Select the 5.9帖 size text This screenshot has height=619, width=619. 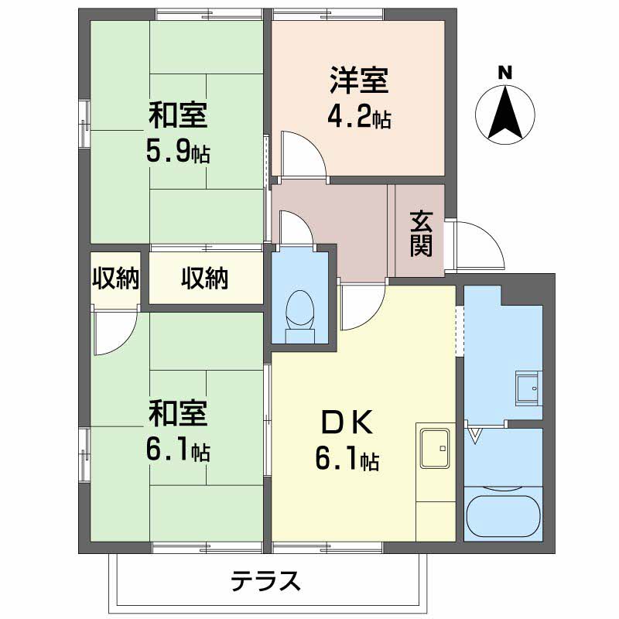click(x=178, y=152)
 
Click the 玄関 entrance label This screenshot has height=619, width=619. click(x=420, y=234)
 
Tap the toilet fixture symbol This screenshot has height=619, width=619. click(x=299, y=313)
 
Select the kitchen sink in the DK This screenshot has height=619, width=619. click(x=435, y=447)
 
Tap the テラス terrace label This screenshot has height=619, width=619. click(x=265, y=580)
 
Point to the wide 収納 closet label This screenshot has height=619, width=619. click(x=205, y=279)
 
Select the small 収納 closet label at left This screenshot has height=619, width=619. click(x=115, y=279)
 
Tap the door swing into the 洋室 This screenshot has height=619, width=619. click(x=302, y=155)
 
